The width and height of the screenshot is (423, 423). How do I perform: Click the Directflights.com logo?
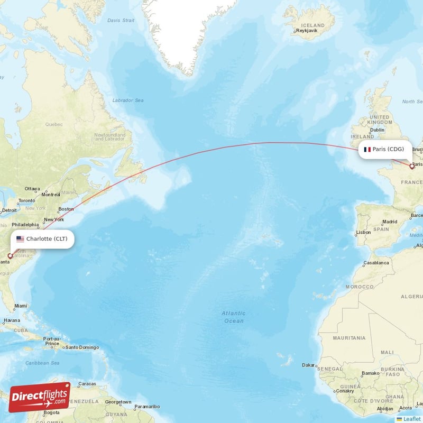pyautogui.click(x=39, y=397)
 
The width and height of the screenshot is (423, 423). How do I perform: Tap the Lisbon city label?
pyautogui.click(x=363, y=232)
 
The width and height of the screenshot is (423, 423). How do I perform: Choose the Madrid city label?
pyautogui.click(x=390, y=222)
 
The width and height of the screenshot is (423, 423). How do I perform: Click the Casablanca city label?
pyautogui.click(x=376, y=263)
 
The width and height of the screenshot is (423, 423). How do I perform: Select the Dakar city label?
pyautogui.click(x=309, y=365)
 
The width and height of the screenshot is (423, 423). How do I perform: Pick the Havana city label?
pyautogui.click(x=11, y=320)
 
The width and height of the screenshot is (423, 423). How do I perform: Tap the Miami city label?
pyautogui.click(x=21, y=306)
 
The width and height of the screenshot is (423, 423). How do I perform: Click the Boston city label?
pyautogui.click(x=66, y=209)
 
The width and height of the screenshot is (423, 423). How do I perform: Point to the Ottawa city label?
pyautogui.click(x=32, y=189)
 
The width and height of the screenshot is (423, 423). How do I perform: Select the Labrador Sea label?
pyautogui.click(x=128, y=100)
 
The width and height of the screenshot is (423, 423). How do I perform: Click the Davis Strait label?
pyautogui.click(x=121, y=20)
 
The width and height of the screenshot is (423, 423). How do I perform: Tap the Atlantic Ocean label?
pyautogui.click(x=233, y=317)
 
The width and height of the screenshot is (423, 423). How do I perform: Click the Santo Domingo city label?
pyautogui.click(x=82, y=347)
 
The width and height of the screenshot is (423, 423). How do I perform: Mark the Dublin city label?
pyautogui.click(x=378, y=130)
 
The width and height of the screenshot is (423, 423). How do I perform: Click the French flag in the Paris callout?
pyautogui.click(x=366, y=149)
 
